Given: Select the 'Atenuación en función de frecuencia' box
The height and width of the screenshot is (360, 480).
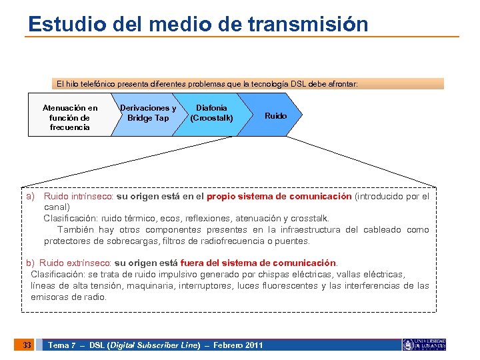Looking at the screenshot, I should (69, 117).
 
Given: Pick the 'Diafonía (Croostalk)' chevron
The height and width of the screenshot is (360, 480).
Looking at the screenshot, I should (211, 113).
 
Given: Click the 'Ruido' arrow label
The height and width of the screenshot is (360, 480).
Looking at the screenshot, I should (275, 116).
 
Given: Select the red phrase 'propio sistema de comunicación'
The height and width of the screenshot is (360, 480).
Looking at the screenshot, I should (279, 197).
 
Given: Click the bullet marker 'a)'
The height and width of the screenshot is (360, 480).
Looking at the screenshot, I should (30, 197).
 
